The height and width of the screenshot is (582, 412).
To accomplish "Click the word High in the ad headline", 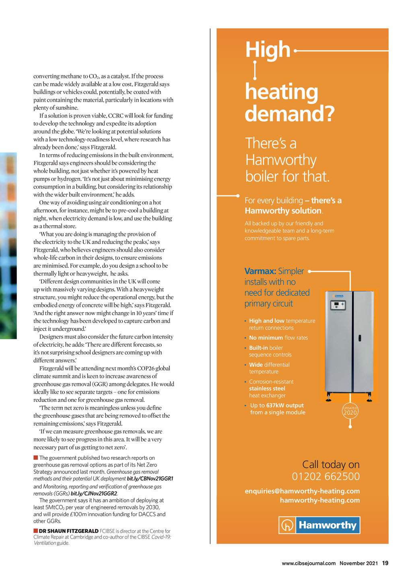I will click(x=268, y=50).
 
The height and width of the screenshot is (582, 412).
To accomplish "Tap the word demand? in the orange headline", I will click(x=289, y=114).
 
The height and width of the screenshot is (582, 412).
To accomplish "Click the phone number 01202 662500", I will click(x=325, y=477).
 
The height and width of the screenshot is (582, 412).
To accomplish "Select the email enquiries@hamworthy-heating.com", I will click(x=302, y=491).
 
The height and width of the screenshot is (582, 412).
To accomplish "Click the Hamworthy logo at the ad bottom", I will click(x=319, y=525).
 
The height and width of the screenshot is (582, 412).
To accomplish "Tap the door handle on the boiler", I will click(x=360, y=338).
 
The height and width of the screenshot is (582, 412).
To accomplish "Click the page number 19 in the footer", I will click(x=385, y=563).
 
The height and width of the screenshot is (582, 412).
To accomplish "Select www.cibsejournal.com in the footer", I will click(x=309, y=563).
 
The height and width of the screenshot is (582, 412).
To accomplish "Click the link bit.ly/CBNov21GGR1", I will click(x=150, y=479).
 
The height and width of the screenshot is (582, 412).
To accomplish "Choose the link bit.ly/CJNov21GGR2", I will click(x=94, y=494).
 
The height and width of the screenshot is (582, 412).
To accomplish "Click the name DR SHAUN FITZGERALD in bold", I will click(x=68, y=531).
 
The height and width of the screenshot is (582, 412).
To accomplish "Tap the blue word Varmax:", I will click(x=260, y=271).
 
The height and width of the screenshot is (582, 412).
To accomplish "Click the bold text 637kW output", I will click(x=285, y=406).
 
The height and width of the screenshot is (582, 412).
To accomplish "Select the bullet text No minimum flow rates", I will click(x=278, y=338).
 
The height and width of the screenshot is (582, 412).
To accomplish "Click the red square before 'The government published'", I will click(x=36, y=458).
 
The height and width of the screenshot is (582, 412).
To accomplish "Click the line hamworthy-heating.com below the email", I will click(x=319, y=500).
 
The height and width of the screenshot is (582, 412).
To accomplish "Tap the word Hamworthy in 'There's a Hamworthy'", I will click(x=281, y=160).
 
